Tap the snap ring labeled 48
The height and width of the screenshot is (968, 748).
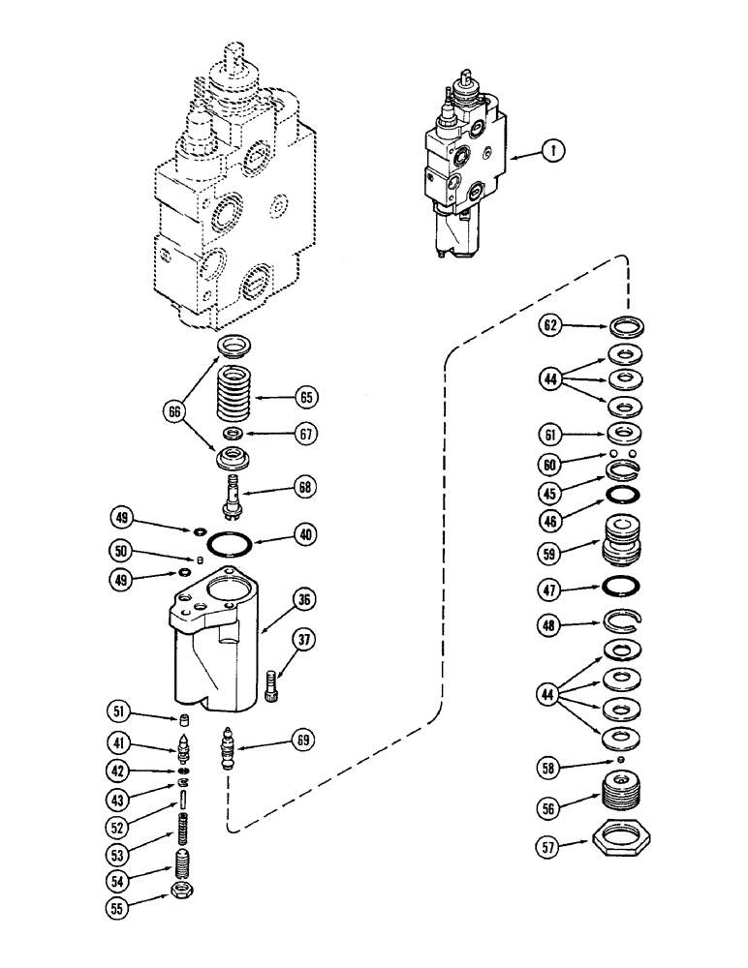click(x=619, y=624)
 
